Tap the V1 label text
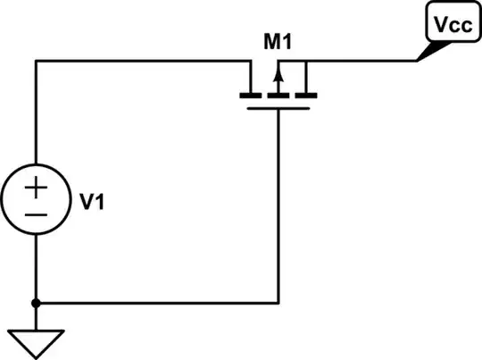coord(92,203)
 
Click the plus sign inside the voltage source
coord(36,188)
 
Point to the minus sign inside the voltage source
coord(36,215)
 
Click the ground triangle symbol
coord(37,339)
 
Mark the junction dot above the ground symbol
coord(37,303)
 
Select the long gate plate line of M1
coord(278,108)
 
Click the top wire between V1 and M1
coord(143,62)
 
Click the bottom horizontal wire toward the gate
coord(161,303)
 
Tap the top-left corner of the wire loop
coord(37,62)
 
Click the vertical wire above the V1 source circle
coord(37,116)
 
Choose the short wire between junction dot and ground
coord(37,317)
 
